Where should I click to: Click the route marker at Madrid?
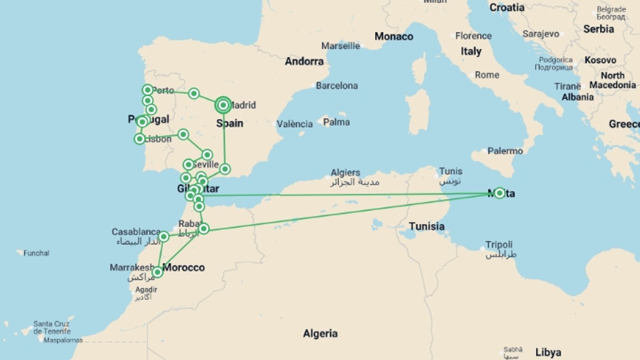223,105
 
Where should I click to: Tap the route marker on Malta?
499,193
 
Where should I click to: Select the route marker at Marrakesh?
157,272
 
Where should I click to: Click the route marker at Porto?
147,90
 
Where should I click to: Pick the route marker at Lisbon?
140,139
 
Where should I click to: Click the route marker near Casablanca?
163,237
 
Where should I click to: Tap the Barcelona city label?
337,86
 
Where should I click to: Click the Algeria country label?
320,333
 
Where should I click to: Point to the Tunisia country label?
427,226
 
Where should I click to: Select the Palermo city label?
505,151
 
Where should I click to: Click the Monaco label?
394,36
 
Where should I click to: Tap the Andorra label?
304,61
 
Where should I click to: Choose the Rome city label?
487,75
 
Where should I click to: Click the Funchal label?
36,253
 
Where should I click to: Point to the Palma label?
336,122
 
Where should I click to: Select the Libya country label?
548,352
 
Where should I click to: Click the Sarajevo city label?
541,34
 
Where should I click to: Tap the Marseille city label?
340,46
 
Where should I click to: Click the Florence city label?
473,36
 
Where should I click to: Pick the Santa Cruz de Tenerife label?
52,327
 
